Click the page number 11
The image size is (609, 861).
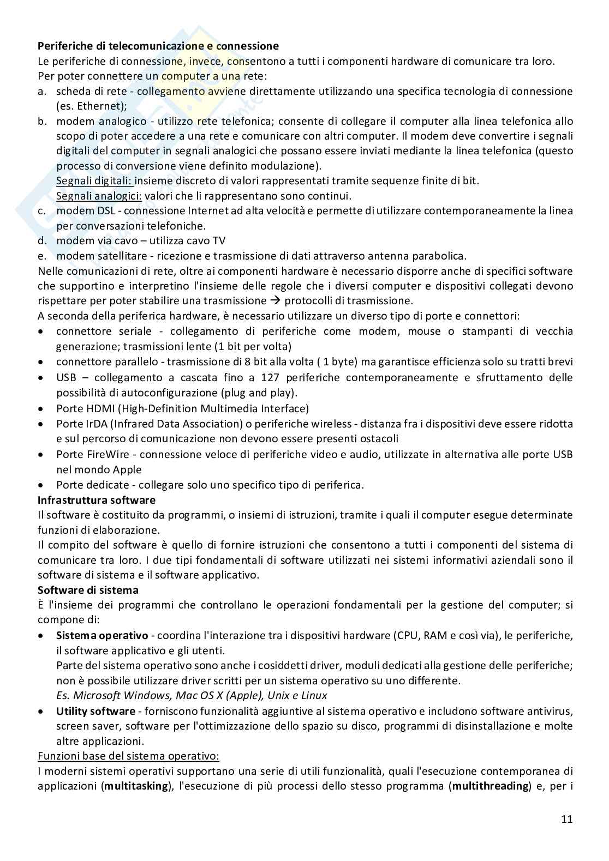566,819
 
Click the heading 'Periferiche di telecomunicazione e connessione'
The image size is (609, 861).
158,46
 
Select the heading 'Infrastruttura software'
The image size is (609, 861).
96,499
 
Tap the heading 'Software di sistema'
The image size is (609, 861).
88,589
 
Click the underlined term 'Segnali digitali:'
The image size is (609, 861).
95,180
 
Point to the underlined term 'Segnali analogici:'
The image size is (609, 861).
99,195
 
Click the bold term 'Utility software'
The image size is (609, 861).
95,711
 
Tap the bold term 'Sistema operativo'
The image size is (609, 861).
102,635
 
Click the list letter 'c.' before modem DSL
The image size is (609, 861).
42,210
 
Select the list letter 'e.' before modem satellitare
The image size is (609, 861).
42,256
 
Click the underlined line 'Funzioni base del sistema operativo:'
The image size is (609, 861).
128,756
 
